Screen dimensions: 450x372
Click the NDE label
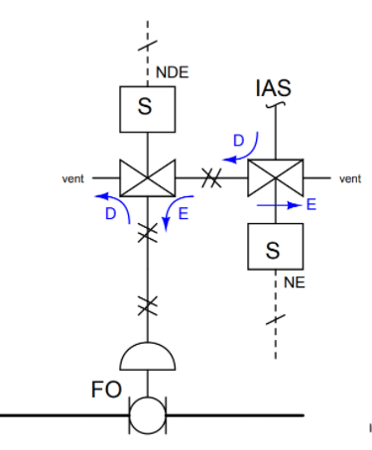170,71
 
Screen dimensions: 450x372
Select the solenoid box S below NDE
147,108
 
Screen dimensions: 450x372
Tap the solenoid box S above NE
274,250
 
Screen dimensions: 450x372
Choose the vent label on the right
350,179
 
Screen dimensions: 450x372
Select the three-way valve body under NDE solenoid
147,178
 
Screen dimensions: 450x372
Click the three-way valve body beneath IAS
274,178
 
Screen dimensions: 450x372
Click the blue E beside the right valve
310,205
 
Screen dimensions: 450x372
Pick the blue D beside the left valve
109,213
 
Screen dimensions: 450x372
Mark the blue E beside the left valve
185,213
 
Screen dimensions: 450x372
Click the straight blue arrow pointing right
282,206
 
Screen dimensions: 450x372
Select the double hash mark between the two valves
209,178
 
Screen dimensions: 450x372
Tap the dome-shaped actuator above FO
147,354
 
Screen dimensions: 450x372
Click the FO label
107,391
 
